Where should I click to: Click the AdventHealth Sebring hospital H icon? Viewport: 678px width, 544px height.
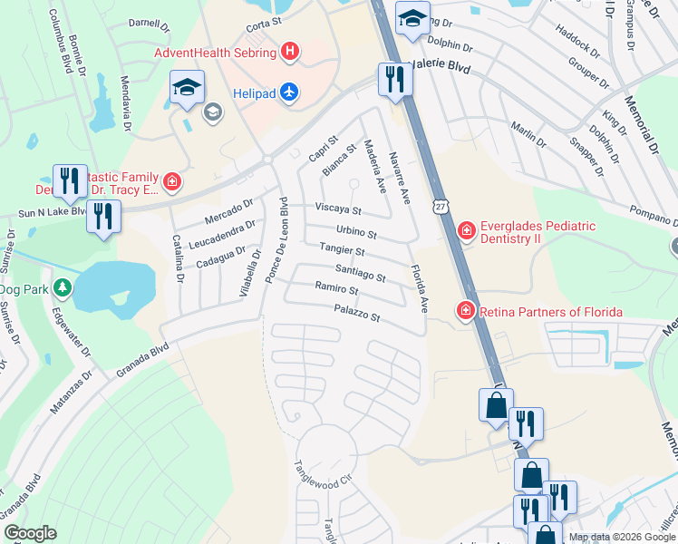tap(289, 52)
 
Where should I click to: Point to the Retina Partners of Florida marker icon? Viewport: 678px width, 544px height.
tap(466, 312)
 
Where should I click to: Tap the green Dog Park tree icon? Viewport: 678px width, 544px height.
tap(63, 289)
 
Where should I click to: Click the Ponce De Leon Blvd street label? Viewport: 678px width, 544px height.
tap(276, 241)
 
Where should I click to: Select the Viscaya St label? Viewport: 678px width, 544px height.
tap(338, 209)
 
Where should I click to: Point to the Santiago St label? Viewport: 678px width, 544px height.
tap(360, 272)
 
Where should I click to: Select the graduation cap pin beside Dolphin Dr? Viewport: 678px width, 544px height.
tap(412, 19)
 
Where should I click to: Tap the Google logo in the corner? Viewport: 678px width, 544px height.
tap(29, 533)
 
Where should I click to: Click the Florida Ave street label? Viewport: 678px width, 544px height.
tap(418, 287)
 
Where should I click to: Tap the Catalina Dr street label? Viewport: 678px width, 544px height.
tap(179, 259)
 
